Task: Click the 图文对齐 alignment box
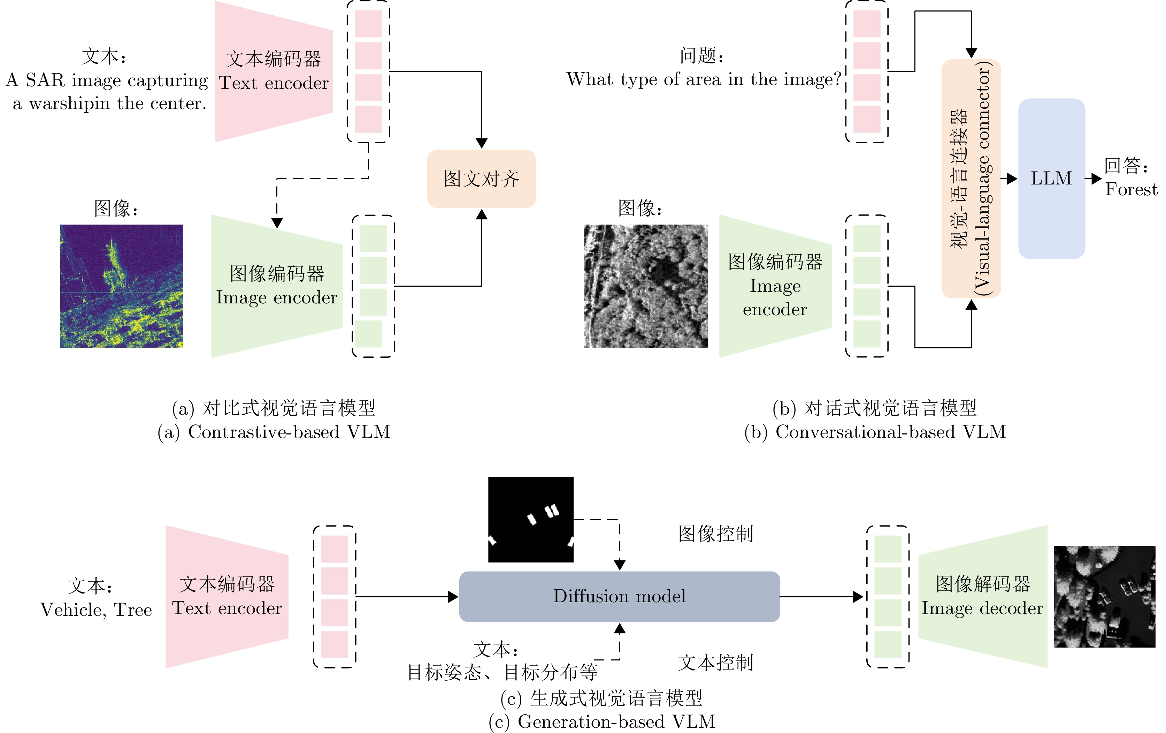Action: pos(481,179)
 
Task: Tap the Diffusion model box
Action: pos(619,596)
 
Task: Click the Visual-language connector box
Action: pos(971,178)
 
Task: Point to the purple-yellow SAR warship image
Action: pos(122,286)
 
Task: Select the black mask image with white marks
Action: pos(530,519)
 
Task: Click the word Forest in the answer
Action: pos(1131,189)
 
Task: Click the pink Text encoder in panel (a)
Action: pos(274,72)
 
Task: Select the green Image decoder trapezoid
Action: pos(983,596)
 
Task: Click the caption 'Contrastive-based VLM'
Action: pos(289,432)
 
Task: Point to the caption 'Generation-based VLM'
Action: pos(616,721)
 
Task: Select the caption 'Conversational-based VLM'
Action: pos(890,432)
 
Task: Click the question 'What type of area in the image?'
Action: pos(704,79)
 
